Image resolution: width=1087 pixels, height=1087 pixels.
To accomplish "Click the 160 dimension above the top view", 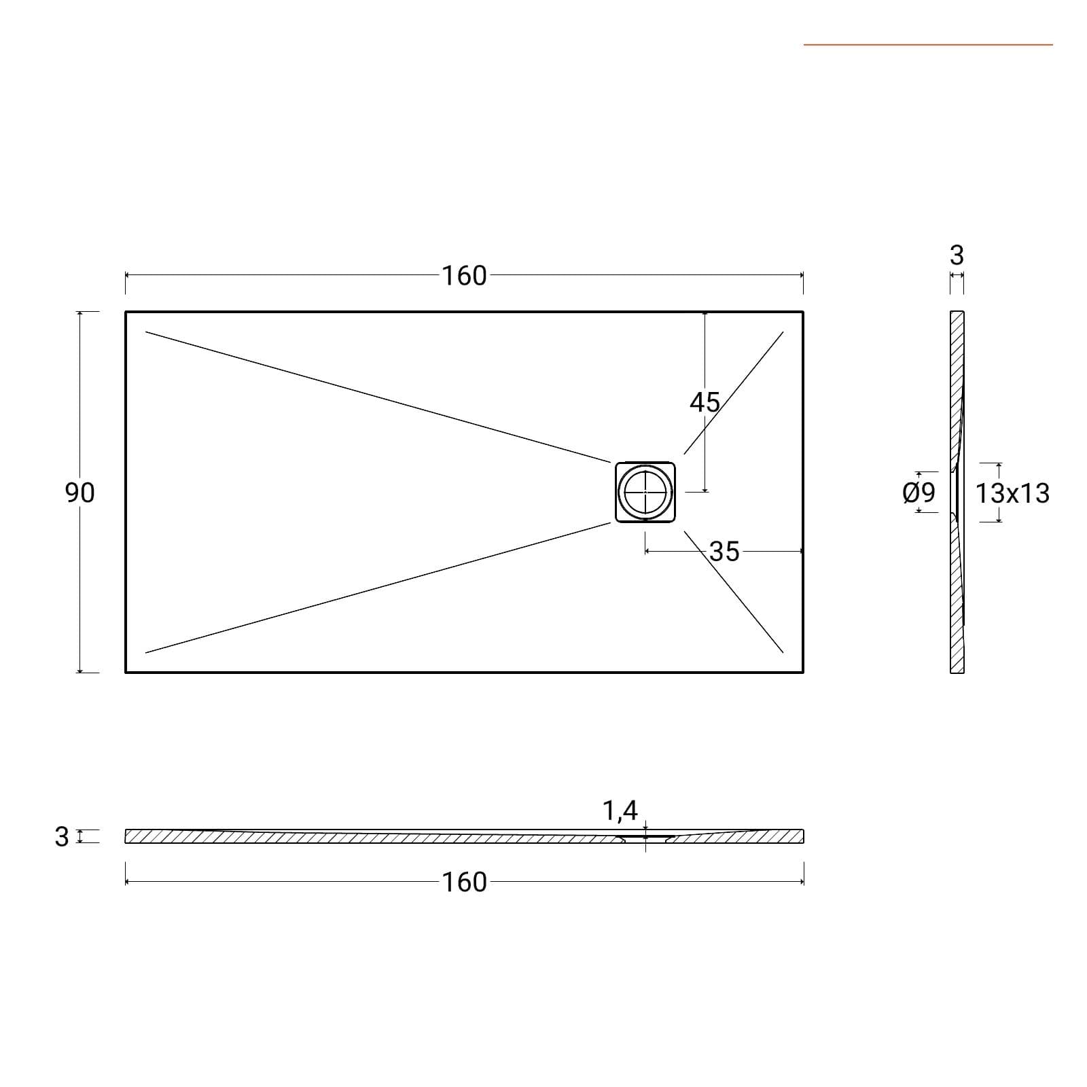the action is coord(465,276).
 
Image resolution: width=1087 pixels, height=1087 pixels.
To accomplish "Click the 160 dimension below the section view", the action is coord(465,883).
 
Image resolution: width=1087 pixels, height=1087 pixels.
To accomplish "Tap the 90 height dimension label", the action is coord(80,493).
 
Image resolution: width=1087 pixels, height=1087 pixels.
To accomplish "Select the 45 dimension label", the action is coord(705,403).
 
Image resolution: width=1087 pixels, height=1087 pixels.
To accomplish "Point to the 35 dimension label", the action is coord(724,552).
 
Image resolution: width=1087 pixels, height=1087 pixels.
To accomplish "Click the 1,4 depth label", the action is coord(620,810).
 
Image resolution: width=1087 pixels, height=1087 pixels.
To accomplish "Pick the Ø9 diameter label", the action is coord(919,493).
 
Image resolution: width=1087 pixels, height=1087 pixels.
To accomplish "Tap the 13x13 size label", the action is coord(1012,493).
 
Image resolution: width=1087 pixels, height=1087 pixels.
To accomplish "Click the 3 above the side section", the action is coord(957,255).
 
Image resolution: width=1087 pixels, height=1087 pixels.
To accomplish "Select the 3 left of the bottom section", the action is coord(62,837).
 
